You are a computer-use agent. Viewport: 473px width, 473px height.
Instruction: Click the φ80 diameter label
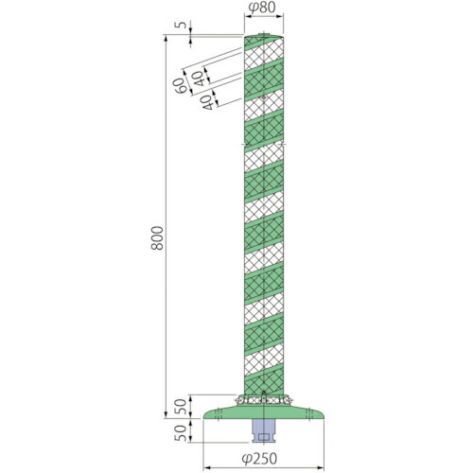pyautogui.click(x=262, y=8)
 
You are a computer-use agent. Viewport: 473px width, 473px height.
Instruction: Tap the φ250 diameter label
pyautogui.click(x=259, y=459)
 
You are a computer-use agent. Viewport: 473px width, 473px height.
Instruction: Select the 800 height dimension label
pyautogui.click(x=157, y=238)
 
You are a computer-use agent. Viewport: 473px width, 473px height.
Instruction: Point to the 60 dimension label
pyautogui.click(x=180, y=86)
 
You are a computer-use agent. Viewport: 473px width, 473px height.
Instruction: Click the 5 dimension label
pyautogui.click(x=182, y=25)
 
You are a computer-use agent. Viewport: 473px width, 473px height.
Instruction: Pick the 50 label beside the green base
pyautogui.click(x=181, y=407)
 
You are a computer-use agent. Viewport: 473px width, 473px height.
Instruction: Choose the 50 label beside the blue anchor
pyautogui.click(x=181, y=433)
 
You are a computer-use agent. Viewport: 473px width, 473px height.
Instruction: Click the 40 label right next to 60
pyautogui.click(x=199, y=79)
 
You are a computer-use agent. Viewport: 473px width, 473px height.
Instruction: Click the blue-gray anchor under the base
pyautogui.click(x=263, y=430)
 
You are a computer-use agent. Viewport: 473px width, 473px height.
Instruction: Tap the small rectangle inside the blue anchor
pyautogui.click(x=263, y=437)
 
